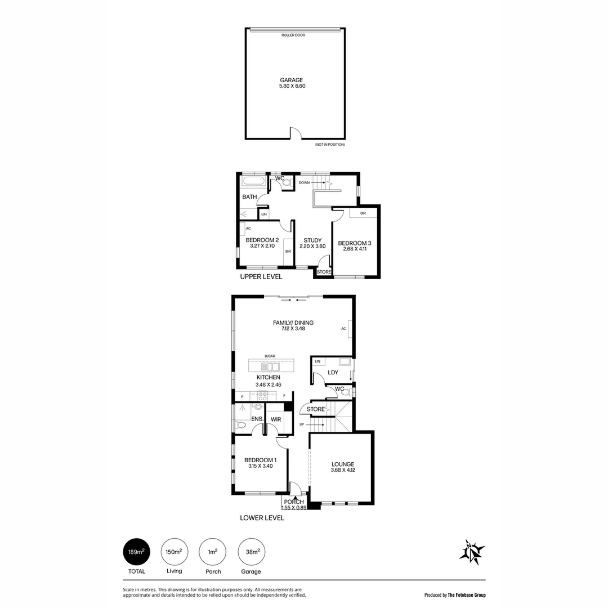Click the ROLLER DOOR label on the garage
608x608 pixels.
pos(293,35)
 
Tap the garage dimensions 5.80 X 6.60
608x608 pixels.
pos(293,86)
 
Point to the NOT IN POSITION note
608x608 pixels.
pos(330,145)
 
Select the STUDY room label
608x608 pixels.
pos(312,240)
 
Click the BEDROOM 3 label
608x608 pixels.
pos(355,243)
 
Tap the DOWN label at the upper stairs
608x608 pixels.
pos(305,183)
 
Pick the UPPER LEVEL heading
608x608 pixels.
pos(261,277)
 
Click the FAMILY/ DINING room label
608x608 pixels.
pos(293,323)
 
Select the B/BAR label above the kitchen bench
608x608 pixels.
pos(270,356)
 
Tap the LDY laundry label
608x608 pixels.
pos(333,373)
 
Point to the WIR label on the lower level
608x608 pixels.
pos(276,419)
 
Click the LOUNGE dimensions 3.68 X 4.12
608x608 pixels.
pos(342,471)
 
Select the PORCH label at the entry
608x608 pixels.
pos(294,502)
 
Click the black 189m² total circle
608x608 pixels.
pos(137,552)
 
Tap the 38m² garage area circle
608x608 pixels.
pos(251,552)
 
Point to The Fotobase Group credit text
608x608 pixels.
pos(455,594)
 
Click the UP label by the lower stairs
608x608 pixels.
pos(302,424)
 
